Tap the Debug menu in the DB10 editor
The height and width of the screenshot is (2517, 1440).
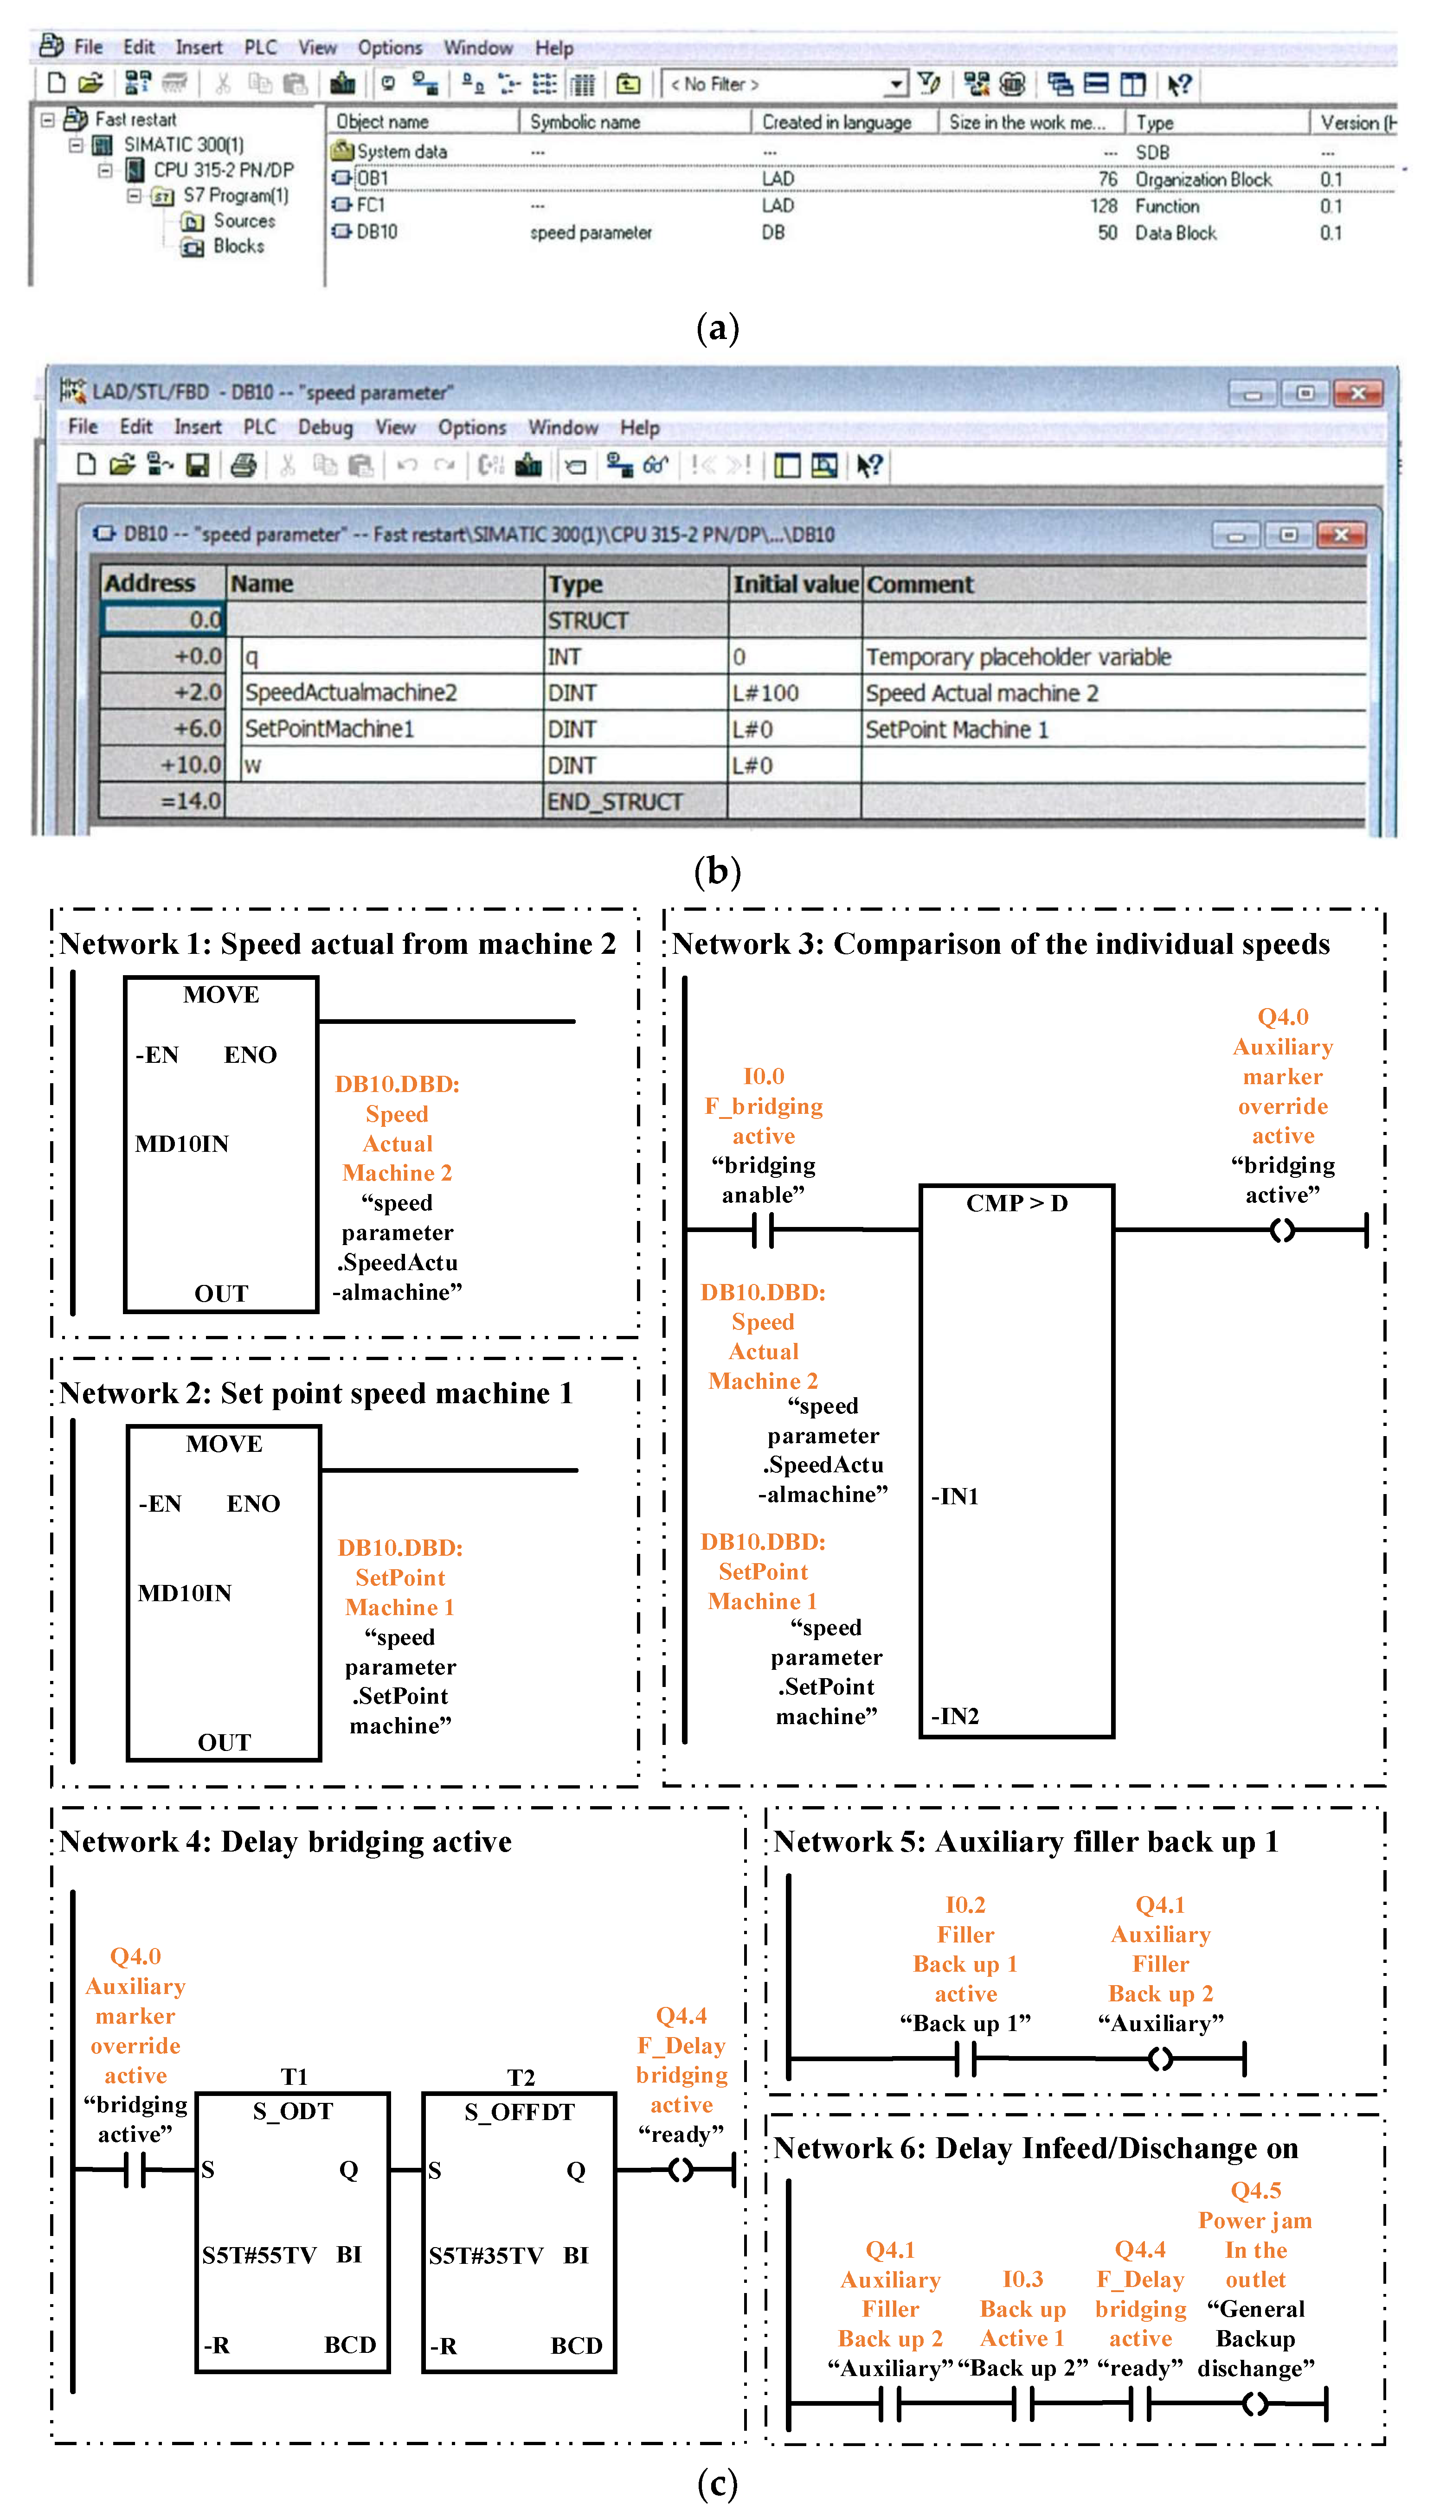325,427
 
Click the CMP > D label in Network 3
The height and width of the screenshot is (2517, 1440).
1017,1203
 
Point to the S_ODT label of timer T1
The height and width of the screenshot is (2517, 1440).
293,2112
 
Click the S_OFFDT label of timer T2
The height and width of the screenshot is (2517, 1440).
519,2113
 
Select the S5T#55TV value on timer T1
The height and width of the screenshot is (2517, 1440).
259,2255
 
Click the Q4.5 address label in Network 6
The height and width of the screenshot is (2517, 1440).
1255,2191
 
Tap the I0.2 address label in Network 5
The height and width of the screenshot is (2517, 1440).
965,1905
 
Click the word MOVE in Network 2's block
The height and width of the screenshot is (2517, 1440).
225,1444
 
